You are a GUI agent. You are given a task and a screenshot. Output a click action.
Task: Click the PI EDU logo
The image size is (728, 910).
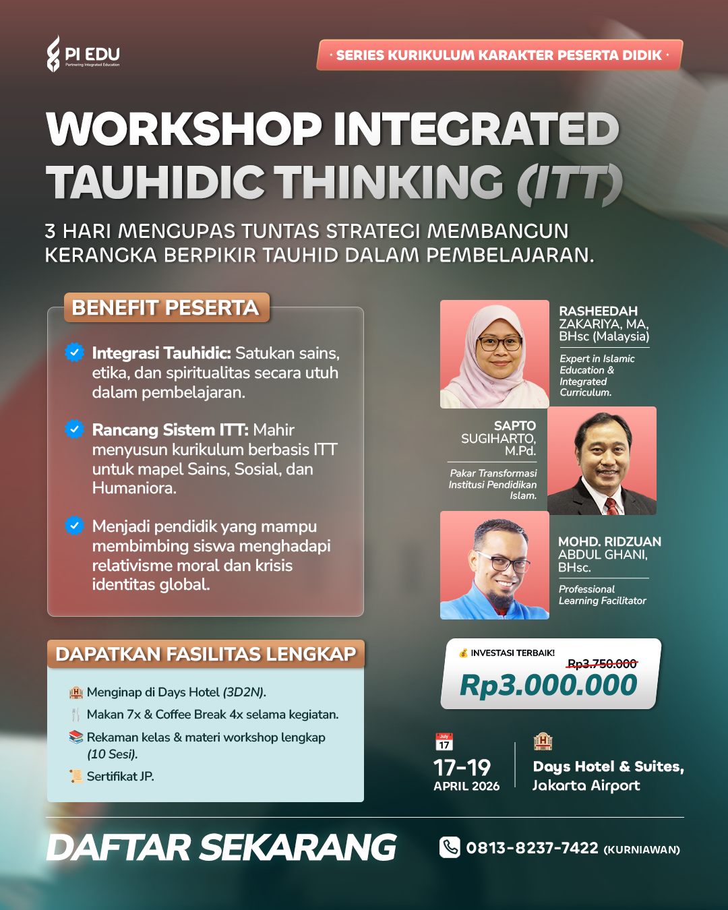[x=83, y=54]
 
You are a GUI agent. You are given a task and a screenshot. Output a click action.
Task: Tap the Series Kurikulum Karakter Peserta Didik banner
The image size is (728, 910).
[x=499, y=55]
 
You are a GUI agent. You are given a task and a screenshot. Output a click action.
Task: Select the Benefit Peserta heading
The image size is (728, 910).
[x=166, y=307]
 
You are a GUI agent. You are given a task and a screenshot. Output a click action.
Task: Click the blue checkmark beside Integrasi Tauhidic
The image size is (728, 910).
[x=74, y=353]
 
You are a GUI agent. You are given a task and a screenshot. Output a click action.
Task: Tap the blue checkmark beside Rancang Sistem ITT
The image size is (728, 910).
[x=74, y=429]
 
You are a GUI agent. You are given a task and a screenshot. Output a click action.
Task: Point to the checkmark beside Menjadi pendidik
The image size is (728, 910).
[x=74, y=526]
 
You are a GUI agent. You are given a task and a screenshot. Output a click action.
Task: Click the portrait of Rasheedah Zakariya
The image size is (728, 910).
[x=495, y=354]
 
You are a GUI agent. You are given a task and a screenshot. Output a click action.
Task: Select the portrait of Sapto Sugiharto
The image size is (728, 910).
[x=602, y=460]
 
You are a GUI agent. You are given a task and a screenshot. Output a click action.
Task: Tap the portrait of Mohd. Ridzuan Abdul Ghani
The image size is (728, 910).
[x=495, y=565]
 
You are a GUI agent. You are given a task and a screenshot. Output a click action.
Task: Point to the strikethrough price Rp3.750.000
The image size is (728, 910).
[x=602, y=664]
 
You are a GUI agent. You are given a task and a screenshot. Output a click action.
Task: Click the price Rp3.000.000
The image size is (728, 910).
[x=548, y=685]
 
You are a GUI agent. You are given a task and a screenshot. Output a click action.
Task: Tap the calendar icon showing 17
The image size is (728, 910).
[x=444, y=742]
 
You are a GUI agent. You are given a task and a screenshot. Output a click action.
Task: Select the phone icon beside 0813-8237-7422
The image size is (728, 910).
[x=450, y=847]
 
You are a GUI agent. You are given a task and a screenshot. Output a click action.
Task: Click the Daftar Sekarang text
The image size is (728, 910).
[x=221, y=847]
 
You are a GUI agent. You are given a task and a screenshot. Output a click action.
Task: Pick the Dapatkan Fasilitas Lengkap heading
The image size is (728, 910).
[x=206, y=654]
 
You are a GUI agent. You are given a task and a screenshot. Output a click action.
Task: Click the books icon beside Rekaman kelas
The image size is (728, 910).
[x=76, y=737]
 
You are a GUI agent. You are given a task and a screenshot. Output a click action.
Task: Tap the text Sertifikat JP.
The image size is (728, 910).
[x=120, y=777]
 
